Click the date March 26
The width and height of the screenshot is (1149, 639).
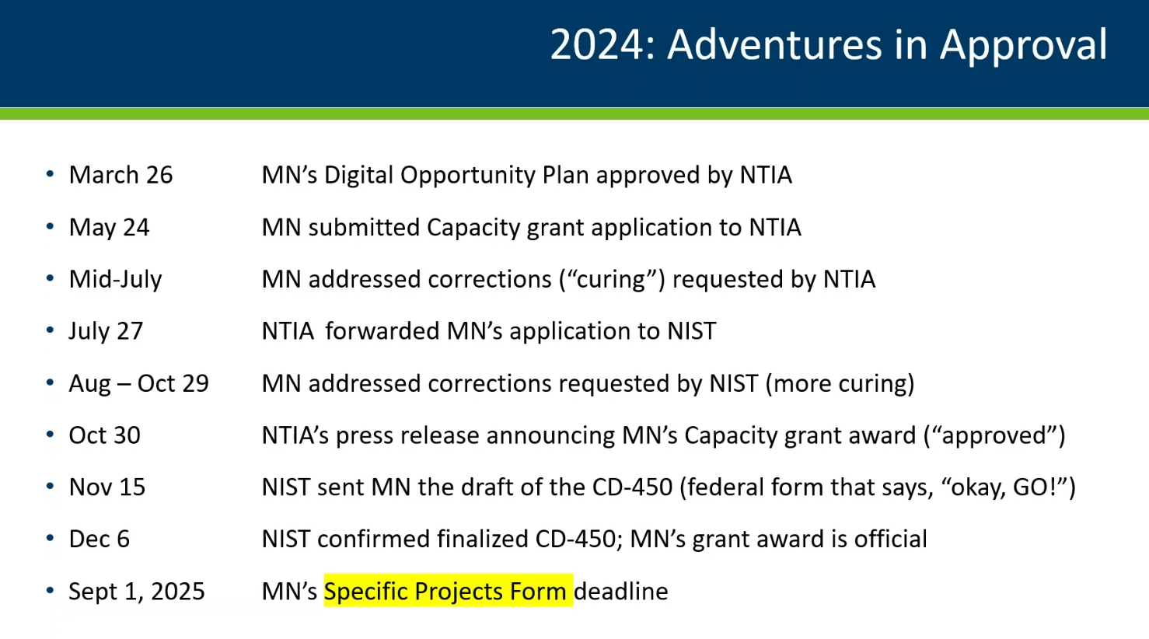[120, 175]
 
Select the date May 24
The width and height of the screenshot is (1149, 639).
[109, 228]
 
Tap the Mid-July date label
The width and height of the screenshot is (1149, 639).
[115, 280]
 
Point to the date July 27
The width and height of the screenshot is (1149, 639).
[106, 331]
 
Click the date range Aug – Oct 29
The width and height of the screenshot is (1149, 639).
[138, 383]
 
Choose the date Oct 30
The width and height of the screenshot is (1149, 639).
[104, 435]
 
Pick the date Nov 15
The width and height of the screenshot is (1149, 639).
[107, 487]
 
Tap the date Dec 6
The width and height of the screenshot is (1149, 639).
[99, 539]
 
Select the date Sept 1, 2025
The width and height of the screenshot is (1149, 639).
[137, 592]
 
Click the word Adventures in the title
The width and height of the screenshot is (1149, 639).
[774, 44]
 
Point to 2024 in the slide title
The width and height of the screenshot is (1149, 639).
[596, 44]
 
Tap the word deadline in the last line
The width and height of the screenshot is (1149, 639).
[620, 592]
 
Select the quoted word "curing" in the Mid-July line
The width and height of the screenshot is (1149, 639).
[610, 280]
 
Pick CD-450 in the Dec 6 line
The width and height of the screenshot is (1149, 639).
[575, 539]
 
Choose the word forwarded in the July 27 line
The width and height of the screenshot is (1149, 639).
[382, 331]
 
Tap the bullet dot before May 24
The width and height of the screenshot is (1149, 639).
[50, 226]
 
